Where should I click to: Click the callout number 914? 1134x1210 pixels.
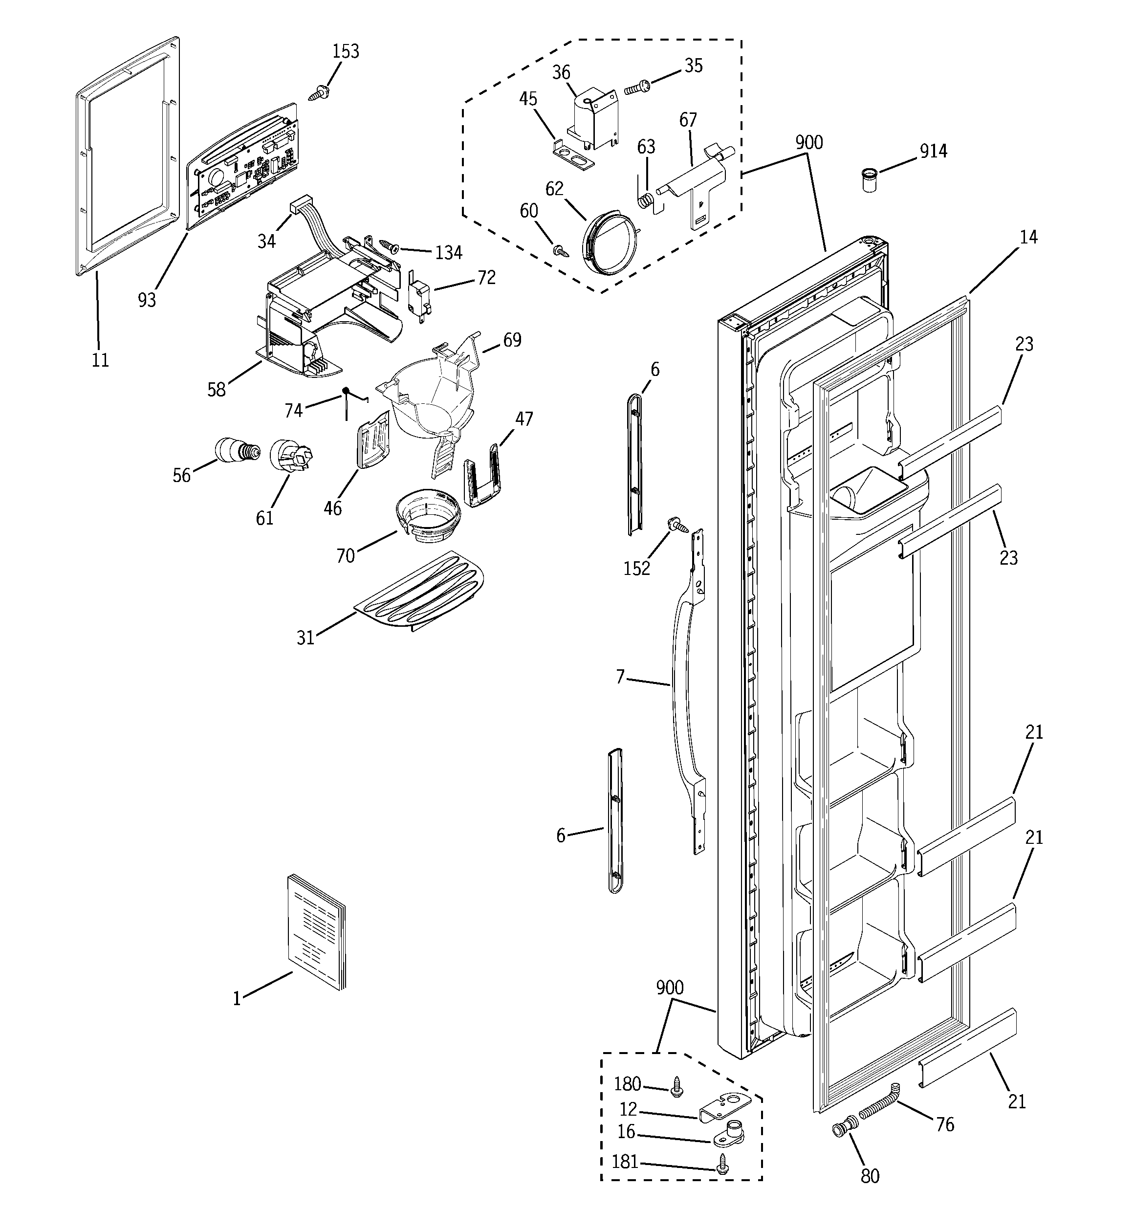pos(933,151)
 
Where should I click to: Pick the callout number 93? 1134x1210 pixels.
pos(147,300)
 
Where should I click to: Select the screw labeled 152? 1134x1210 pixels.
pos(677,524)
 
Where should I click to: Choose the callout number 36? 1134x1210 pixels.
pos(561,73)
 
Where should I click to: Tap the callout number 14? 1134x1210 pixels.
pos(1028,238)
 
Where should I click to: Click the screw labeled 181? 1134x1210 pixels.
pos(722,1165)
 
